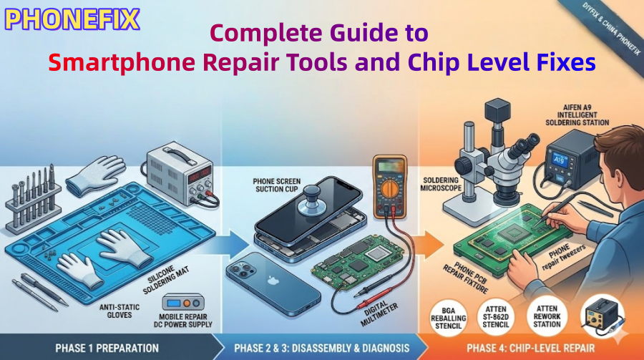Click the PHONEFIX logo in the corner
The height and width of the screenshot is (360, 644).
pos(72,19)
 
